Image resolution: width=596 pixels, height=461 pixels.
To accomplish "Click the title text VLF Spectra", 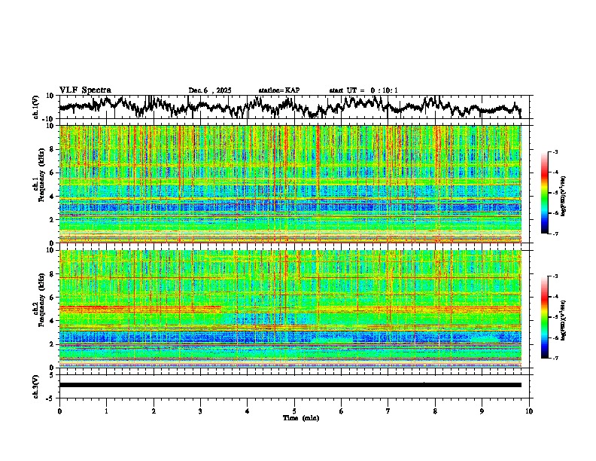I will (x=85, y=90).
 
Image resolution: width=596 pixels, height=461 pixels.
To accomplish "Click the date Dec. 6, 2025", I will (x=210, y=90).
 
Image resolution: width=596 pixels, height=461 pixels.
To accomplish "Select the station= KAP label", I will (x=278, y=90).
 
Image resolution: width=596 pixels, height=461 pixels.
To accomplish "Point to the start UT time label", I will (x=363, y=90).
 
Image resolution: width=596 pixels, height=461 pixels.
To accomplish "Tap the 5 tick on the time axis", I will (x=294, y=411).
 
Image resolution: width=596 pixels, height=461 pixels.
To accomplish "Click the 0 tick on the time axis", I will (x=59, y=411).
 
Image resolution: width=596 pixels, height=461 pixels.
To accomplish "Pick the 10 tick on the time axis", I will (x=529, y=411).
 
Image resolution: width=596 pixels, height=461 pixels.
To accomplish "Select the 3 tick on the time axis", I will (x=200, y=411).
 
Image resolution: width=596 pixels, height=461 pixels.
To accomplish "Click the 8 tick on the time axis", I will (x=435, y=411).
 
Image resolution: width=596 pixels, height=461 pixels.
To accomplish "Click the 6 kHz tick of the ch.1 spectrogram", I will (x=53, y=172).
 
